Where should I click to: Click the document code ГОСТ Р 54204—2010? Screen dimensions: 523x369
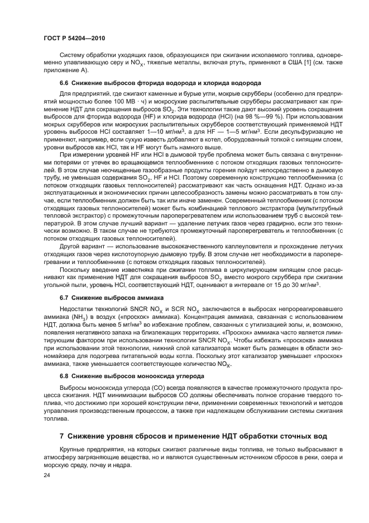(74, 37)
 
